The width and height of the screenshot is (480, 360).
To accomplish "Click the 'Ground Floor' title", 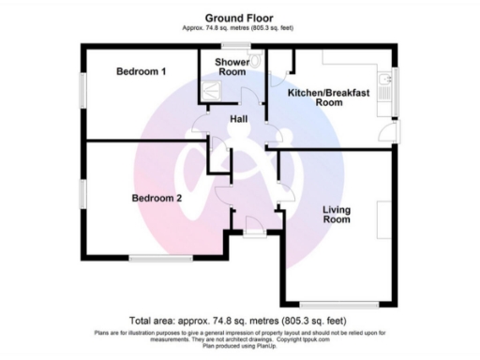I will [239, 17].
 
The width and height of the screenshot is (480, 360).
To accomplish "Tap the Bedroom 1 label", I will [142, 72].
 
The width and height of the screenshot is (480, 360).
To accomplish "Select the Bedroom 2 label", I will [156, 198].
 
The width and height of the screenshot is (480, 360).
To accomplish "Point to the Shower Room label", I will [232, 67].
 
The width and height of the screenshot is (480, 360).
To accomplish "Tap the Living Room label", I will [337, 214].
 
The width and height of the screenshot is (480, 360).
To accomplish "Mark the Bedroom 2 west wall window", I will [82, 191].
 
